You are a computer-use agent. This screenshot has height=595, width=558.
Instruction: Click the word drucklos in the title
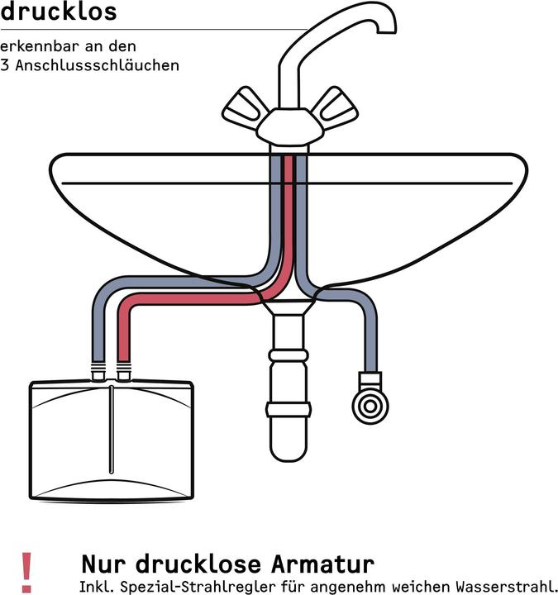[59, 12]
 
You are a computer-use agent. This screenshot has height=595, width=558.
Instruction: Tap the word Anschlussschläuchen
[98, 65]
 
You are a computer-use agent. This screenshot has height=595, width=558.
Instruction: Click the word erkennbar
[41, 46]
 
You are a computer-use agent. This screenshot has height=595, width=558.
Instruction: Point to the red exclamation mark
[26, 572]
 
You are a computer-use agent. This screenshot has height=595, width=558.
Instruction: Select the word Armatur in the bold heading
[322, 564]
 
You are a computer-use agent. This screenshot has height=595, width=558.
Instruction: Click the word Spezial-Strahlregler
[197, 586]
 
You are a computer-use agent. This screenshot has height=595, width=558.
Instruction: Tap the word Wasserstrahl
[506, 586]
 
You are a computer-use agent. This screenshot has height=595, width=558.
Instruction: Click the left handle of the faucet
[245, 105]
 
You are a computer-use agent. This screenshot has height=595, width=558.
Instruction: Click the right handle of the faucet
[335, 104]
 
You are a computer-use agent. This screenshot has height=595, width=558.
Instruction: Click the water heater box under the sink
[112, 440]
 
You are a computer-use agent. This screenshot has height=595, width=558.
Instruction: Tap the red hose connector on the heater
[124, 372]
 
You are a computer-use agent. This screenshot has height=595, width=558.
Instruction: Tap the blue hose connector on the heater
[98, 372]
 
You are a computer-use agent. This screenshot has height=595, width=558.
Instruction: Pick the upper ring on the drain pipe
[289, 355]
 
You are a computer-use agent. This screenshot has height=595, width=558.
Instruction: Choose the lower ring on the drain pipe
[289, 410]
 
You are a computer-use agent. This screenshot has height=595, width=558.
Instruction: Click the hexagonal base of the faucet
[289, 126]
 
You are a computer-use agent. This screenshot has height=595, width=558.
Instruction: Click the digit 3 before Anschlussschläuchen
[4, 65]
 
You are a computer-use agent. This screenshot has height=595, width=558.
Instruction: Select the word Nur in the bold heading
[103, 564]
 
